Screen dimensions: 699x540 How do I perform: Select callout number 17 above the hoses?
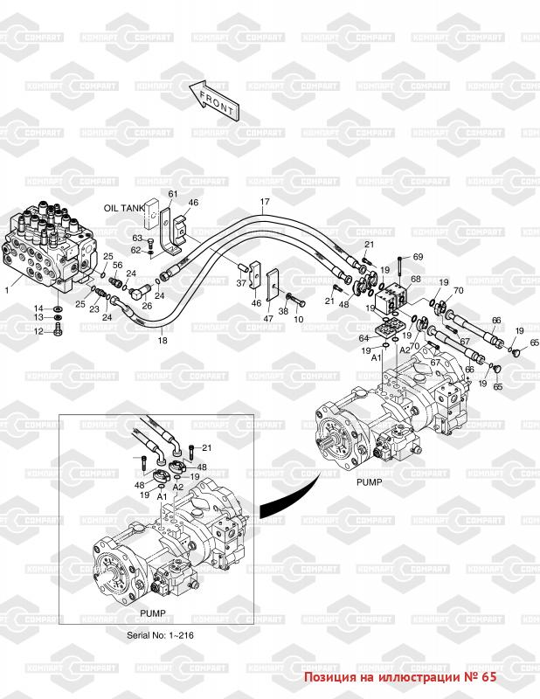[262, 204]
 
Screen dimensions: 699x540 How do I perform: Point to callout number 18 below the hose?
[162, 341]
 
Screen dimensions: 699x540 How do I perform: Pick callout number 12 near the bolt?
[38, 332]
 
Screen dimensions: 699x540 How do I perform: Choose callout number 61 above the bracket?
[172, 193]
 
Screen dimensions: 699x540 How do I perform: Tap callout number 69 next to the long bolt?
[418, 256]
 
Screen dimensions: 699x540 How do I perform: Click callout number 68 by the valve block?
[416, 280]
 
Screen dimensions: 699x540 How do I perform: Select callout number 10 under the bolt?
[299, 320]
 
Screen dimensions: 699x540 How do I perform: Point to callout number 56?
[117, 265]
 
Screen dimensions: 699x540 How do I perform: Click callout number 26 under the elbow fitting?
[148, 306]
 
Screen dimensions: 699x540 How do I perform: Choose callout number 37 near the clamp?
[240, 282]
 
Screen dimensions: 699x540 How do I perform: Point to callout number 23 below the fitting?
[93, 309]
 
